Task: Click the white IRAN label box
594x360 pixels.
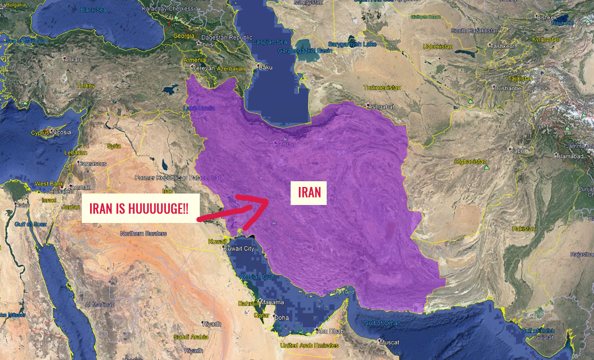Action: (309, 193)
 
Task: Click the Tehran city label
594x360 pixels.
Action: (286, 144)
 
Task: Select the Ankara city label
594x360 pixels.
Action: (74, 60)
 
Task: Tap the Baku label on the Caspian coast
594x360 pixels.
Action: (265, 67)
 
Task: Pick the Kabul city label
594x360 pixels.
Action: (517, 151)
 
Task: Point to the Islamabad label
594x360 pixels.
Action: (569, 156)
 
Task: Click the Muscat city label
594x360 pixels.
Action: (389, 342)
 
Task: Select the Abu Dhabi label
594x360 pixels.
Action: (331, 331)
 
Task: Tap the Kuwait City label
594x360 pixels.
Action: (239, 248)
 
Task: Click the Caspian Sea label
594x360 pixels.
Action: (269, 42)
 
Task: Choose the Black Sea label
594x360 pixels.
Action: (93, 10)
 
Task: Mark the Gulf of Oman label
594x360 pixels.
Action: (382, 323)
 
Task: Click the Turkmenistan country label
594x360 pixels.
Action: (382, 88)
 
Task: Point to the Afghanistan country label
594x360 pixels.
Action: (470, 162)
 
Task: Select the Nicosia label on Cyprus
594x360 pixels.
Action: (61, 132)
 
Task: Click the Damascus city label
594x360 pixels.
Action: (92, 164)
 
